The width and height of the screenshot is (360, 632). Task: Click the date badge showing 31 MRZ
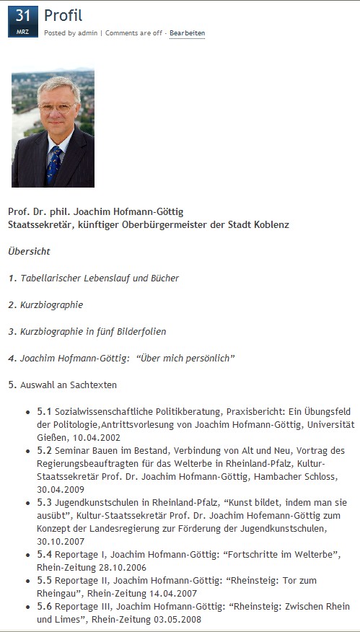(x=22, y=21)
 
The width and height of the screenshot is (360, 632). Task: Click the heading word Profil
(x=63, y=15)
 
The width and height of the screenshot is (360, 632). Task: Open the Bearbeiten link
(x=187, y=33)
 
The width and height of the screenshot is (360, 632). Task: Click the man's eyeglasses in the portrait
(x=56, y=107)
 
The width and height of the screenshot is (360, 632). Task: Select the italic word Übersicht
(x=29, y=251)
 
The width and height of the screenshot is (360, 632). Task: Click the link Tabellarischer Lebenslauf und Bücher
(x=100, y=278)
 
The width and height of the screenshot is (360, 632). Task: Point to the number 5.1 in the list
(x=45, y=411)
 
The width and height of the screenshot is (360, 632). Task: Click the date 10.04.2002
(x=97, y=437)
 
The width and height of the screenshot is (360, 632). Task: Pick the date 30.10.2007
(x=59, y=542)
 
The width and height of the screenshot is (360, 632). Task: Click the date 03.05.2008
(x=177, y=619)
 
